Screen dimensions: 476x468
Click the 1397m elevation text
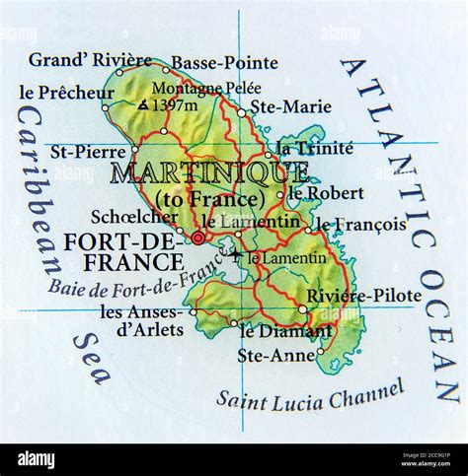coord(176,104)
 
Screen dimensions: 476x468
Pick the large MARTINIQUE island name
coord(208,173)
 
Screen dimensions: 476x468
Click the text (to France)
coord(209,198)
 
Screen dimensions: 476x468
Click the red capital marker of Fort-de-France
coord(198,238)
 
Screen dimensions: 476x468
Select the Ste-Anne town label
coord(280,353)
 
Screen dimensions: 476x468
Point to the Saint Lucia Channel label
coord(311,392)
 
